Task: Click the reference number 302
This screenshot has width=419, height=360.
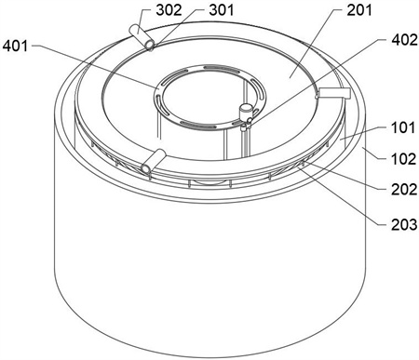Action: (169, 10)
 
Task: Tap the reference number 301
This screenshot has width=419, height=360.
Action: (222, 10)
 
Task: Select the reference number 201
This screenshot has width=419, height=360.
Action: (359, 10)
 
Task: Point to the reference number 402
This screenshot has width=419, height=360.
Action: (405, 40)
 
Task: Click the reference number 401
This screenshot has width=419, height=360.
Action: (15, 47)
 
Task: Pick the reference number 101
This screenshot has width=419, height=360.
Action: (403, 127)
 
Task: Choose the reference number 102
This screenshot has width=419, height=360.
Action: (403, 159)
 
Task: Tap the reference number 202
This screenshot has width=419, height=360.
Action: (404, 189)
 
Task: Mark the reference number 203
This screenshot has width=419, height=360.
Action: (404, 224)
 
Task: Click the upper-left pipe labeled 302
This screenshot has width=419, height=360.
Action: (142, 37)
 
